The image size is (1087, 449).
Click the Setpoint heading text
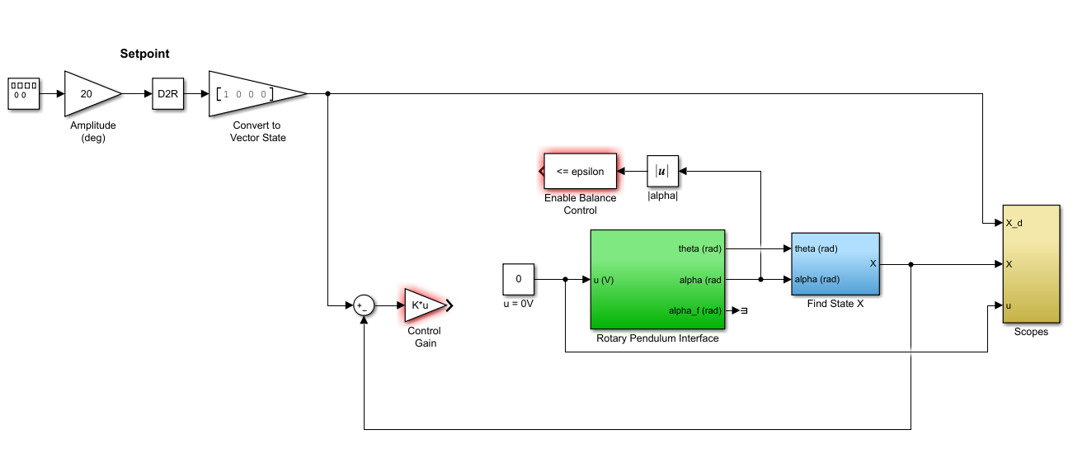click(x=144, y=54)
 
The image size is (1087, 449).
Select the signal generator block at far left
click(x=23, y=94)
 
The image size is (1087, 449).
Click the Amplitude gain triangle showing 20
click(x=87, y=94)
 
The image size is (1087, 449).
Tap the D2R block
click(x=168, y=94)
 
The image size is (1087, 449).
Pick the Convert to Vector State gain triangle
click(x=252, y=94)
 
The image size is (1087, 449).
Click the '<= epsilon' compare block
click(x=580, y=172)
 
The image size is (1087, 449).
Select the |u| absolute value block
click(x=661, y=172)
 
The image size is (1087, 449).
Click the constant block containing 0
click(x=519, y=279)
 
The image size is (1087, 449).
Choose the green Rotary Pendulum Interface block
click(x=657, y=279)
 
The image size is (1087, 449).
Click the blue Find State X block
click(x=835, y=264)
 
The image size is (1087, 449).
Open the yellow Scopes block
click(x=1031, y=264)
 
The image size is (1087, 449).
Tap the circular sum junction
click(x=364, y=305)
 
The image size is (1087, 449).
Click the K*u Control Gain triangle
click(x=422, y=305)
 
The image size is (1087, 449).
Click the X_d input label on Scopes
click(x=1014, y=223)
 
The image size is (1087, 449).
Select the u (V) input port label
click(x=604, y=280)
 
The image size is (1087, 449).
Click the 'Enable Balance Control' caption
click(x=580, y=204)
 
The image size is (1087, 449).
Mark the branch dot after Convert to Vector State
click(x=328, y=94)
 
